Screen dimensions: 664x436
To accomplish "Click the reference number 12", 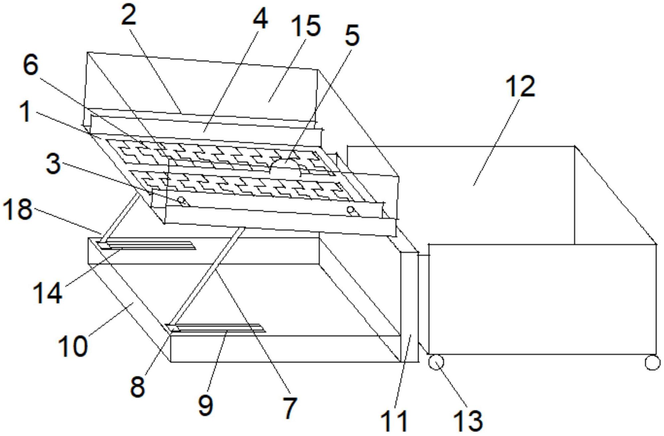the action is point(520,86).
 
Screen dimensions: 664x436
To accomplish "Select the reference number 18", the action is point(17,209).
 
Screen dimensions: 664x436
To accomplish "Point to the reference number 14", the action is point(47,293).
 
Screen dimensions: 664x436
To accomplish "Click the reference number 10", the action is point(73,346).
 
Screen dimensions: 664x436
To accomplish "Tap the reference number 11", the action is point(394,421).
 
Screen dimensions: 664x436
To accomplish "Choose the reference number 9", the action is point(206,405).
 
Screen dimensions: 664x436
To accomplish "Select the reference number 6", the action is point(31,65).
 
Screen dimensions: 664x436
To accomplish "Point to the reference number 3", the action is point(53,164).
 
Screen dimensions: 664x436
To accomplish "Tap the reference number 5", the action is point(352,35).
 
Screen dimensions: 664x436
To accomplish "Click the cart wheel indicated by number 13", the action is point(436,362).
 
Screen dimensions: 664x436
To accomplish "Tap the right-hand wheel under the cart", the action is point(652,362).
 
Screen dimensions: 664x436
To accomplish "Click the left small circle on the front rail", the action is point(181,200).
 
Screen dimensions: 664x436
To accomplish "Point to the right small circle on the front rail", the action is point(350,210).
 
